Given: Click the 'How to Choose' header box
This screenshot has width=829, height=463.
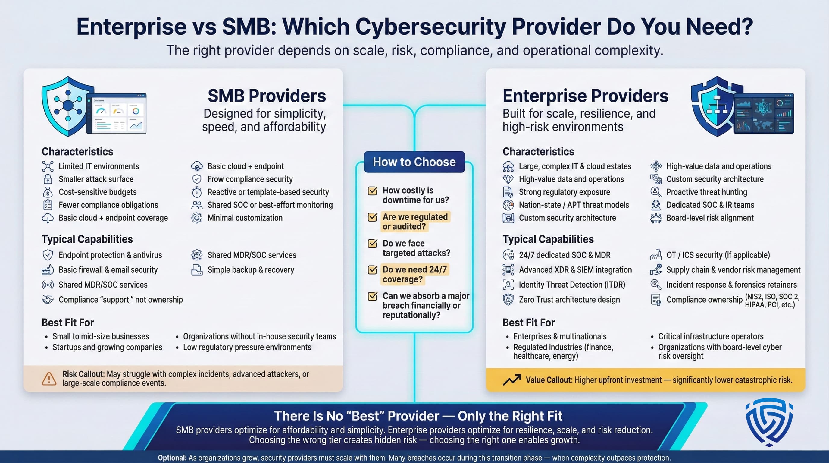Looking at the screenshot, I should (414, 162).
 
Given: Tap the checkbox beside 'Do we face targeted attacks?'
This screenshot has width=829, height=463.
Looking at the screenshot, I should (372, 244).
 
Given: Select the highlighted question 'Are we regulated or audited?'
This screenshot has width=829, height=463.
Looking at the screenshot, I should (415, 222).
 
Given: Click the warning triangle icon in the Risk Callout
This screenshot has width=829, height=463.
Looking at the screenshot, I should (49, 379).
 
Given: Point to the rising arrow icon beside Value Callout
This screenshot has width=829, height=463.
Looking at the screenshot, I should (512, 380).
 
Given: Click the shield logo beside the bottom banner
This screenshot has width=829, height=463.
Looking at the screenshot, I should (769, 422).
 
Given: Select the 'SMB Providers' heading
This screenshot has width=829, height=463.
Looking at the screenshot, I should (267, 96).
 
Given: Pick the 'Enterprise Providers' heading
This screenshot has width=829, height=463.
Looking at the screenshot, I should (585, 96).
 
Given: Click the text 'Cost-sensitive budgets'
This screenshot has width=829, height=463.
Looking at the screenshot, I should (98, 192).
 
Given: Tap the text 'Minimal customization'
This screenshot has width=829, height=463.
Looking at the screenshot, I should (245, 218).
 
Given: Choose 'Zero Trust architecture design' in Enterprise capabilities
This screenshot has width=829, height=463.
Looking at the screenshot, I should (569, 300).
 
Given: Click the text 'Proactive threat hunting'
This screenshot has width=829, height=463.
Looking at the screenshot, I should (706, 192).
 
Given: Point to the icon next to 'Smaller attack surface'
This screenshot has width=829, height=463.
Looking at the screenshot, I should (48, 179).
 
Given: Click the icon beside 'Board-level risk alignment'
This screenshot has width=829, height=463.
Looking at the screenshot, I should (656, 218).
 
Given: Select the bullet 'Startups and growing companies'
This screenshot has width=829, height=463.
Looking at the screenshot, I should (107, 348).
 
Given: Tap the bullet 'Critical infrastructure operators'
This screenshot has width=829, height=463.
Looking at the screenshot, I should (711, 336).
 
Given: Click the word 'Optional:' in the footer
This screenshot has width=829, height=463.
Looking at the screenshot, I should (172, 458).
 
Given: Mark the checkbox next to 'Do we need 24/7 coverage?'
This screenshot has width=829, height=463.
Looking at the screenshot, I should (372, 270).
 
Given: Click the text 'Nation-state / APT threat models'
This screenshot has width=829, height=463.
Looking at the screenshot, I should (574, 205).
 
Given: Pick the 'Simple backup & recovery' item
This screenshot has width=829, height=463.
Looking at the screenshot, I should (251, 270).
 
